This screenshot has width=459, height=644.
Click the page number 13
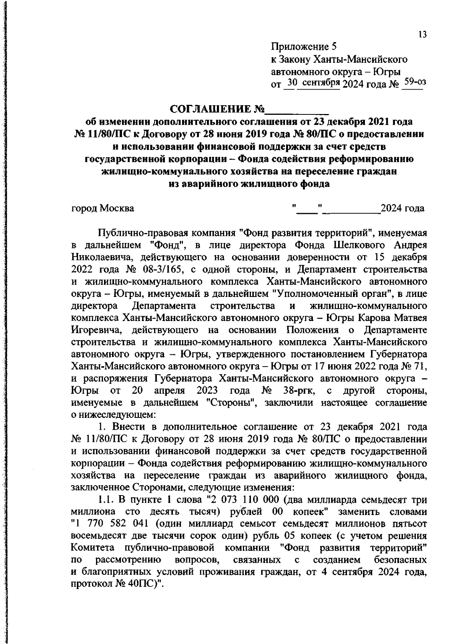click(x=422, y=35)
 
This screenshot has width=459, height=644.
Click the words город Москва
click(x=103, y=209)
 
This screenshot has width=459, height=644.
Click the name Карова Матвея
click(x=392, y=318)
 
